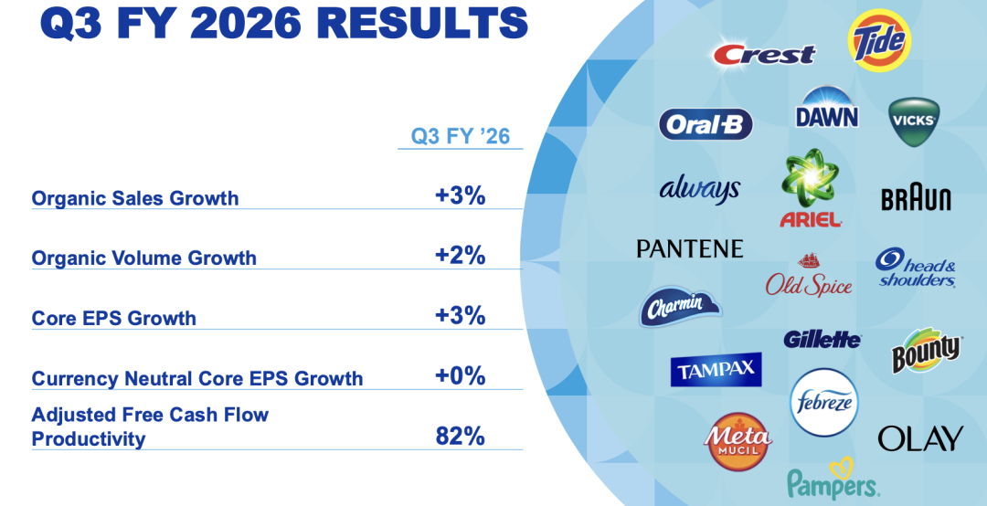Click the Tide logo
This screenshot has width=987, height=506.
pyautogui.click(x=879, y=40)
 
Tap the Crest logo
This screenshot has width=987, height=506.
pyautogui.click(x=764, y=54)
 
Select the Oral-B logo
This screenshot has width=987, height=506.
pyautogui.click(x=706, y=124)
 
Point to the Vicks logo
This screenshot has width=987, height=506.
pyautogui.click(x=914, y=122)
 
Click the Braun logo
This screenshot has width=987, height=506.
pyautogui.click(x=916, y=198)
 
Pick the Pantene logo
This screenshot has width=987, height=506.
pyautogui.click(x=690, y=248)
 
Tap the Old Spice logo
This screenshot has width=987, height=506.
pyautogui.click(x=808, y=278)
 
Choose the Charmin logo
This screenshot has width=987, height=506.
pyautogui.click(x=680, y=307)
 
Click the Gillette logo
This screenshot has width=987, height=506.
pyautogui.click(x=822, y=340)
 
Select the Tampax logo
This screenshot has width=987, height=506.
pyautogui.click(x=716, y=371)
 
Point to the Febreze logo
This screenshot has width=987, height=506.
pyautogui.click(x=824, y=402)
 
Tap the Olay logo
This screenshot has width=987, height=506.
pyautogui.click(x=920, y=438)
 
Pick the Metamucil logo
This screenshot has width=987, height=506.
pyautogui.click(x=738, y=440)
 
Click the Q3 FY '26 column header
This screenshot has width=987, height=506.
pyautogui.click(x=461, y=137)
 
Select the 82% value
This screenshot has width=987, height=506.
pyautogui.click(x=461, y=437)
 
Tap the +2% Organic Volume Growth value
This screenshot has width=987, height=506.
pyautogui.click(x=461, y=256)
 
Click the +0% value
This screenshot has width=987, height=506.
pyautogui.click(x=461, y=376)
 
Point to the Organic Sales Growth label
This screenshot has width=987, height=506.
pyautogui.click(x=135, y=198)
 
